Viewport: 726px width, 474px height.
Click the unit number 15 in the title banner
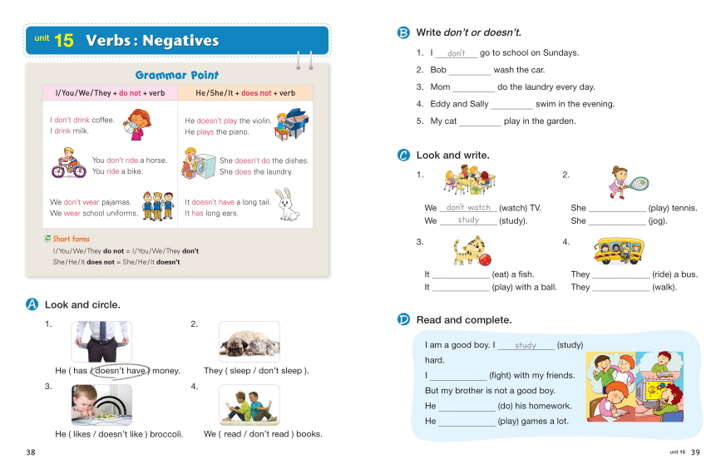pos(63,41)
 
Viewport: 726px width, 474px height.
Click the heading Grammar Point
pos(177,75)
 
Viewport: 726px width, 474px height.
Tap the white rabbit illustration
pos(288,204)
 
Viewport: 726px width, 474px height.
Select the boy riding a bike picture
pos(69,163)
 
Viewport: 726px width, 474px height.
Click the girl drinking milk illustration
pos(136,125)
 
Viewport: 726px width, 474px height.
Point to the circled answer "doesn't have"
pos(121,370)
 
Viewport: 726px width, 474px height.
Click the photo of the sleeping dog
pos(249,341)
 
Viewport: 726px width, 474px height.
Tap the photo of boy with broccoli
pos(101,405)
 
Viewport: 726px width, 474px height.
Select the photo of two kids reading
pos(249,405)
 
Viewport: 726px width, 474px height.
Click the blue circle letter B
pos(403,32)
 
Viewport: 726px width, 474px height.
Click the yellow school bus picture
pos(619,250)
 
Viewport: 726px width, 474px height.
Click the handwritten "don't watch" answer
pos(468,208)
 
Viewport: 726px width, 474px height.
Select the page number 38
pos(31,452)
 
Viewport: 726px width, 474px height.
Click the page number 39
pos(695,452)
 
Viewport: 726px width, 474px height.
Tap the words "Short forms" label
pos(71,239)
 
